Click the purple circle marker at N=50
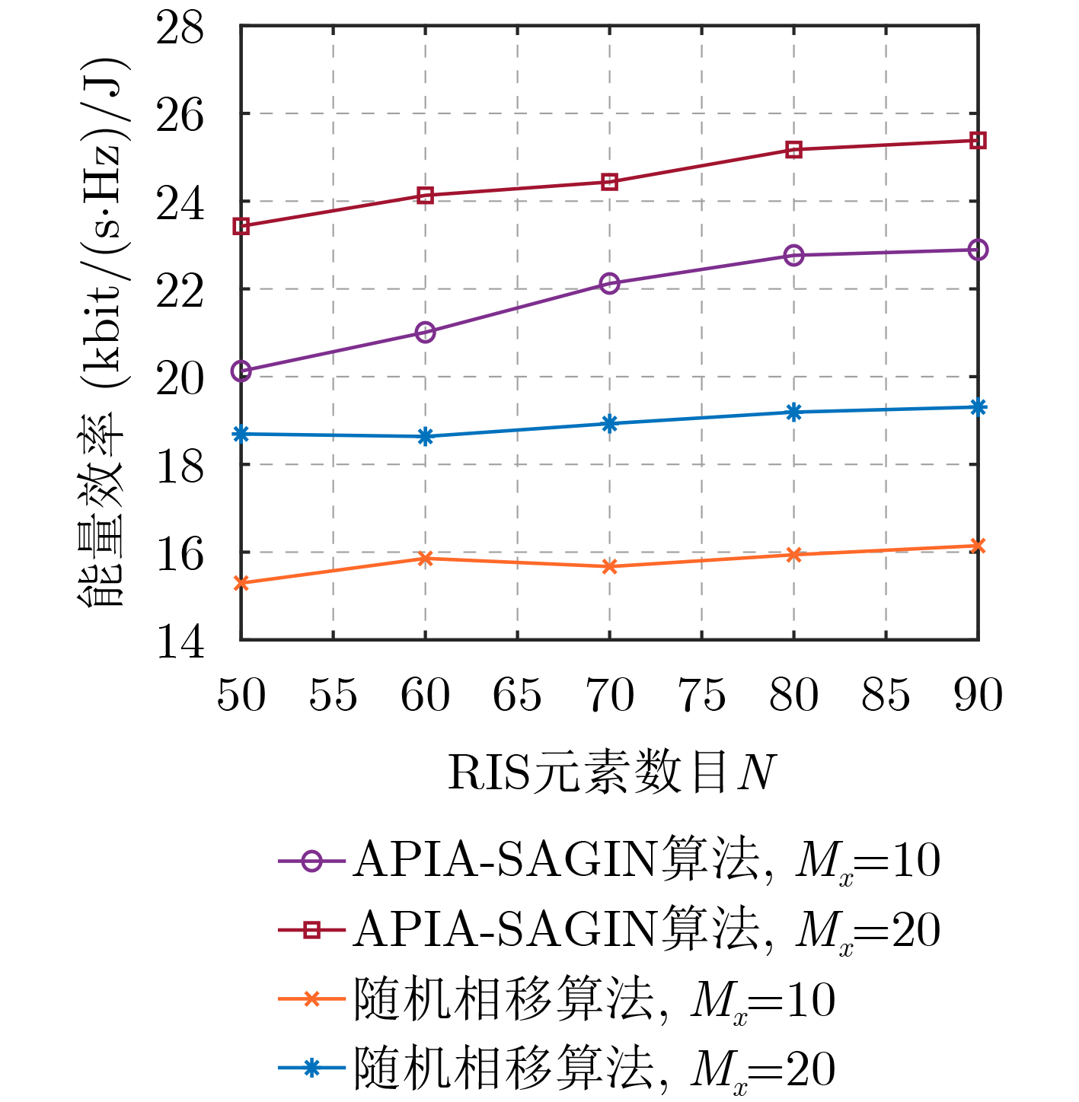(241, 371)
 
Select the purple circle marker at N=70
(609, 284)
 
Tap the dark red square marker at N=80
(794, 150)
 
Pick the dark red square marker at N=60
(426, 196)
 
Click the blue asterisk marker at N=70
(609, 424)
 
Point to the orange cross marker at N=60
(426, 559)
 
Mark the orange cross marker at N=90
(978, 546)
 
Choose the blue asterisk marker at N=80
(794, 412)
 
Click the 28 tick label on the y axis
(180, 28)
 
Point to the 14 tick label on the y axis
(180, 642)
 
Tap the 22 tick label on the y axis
(180, 291)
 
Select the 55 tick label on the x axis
(333, 696)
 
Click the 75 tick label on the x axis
(702, 696)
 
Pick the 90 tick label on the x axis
(978, 696)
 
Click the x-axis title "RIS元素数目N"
(611, 773)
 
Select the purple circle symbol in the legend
(311, 861)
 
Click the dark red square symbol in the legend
(311, 929)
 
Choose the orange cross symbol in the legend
(311, 999)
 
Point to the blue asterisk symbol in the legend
(311, 1069)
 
